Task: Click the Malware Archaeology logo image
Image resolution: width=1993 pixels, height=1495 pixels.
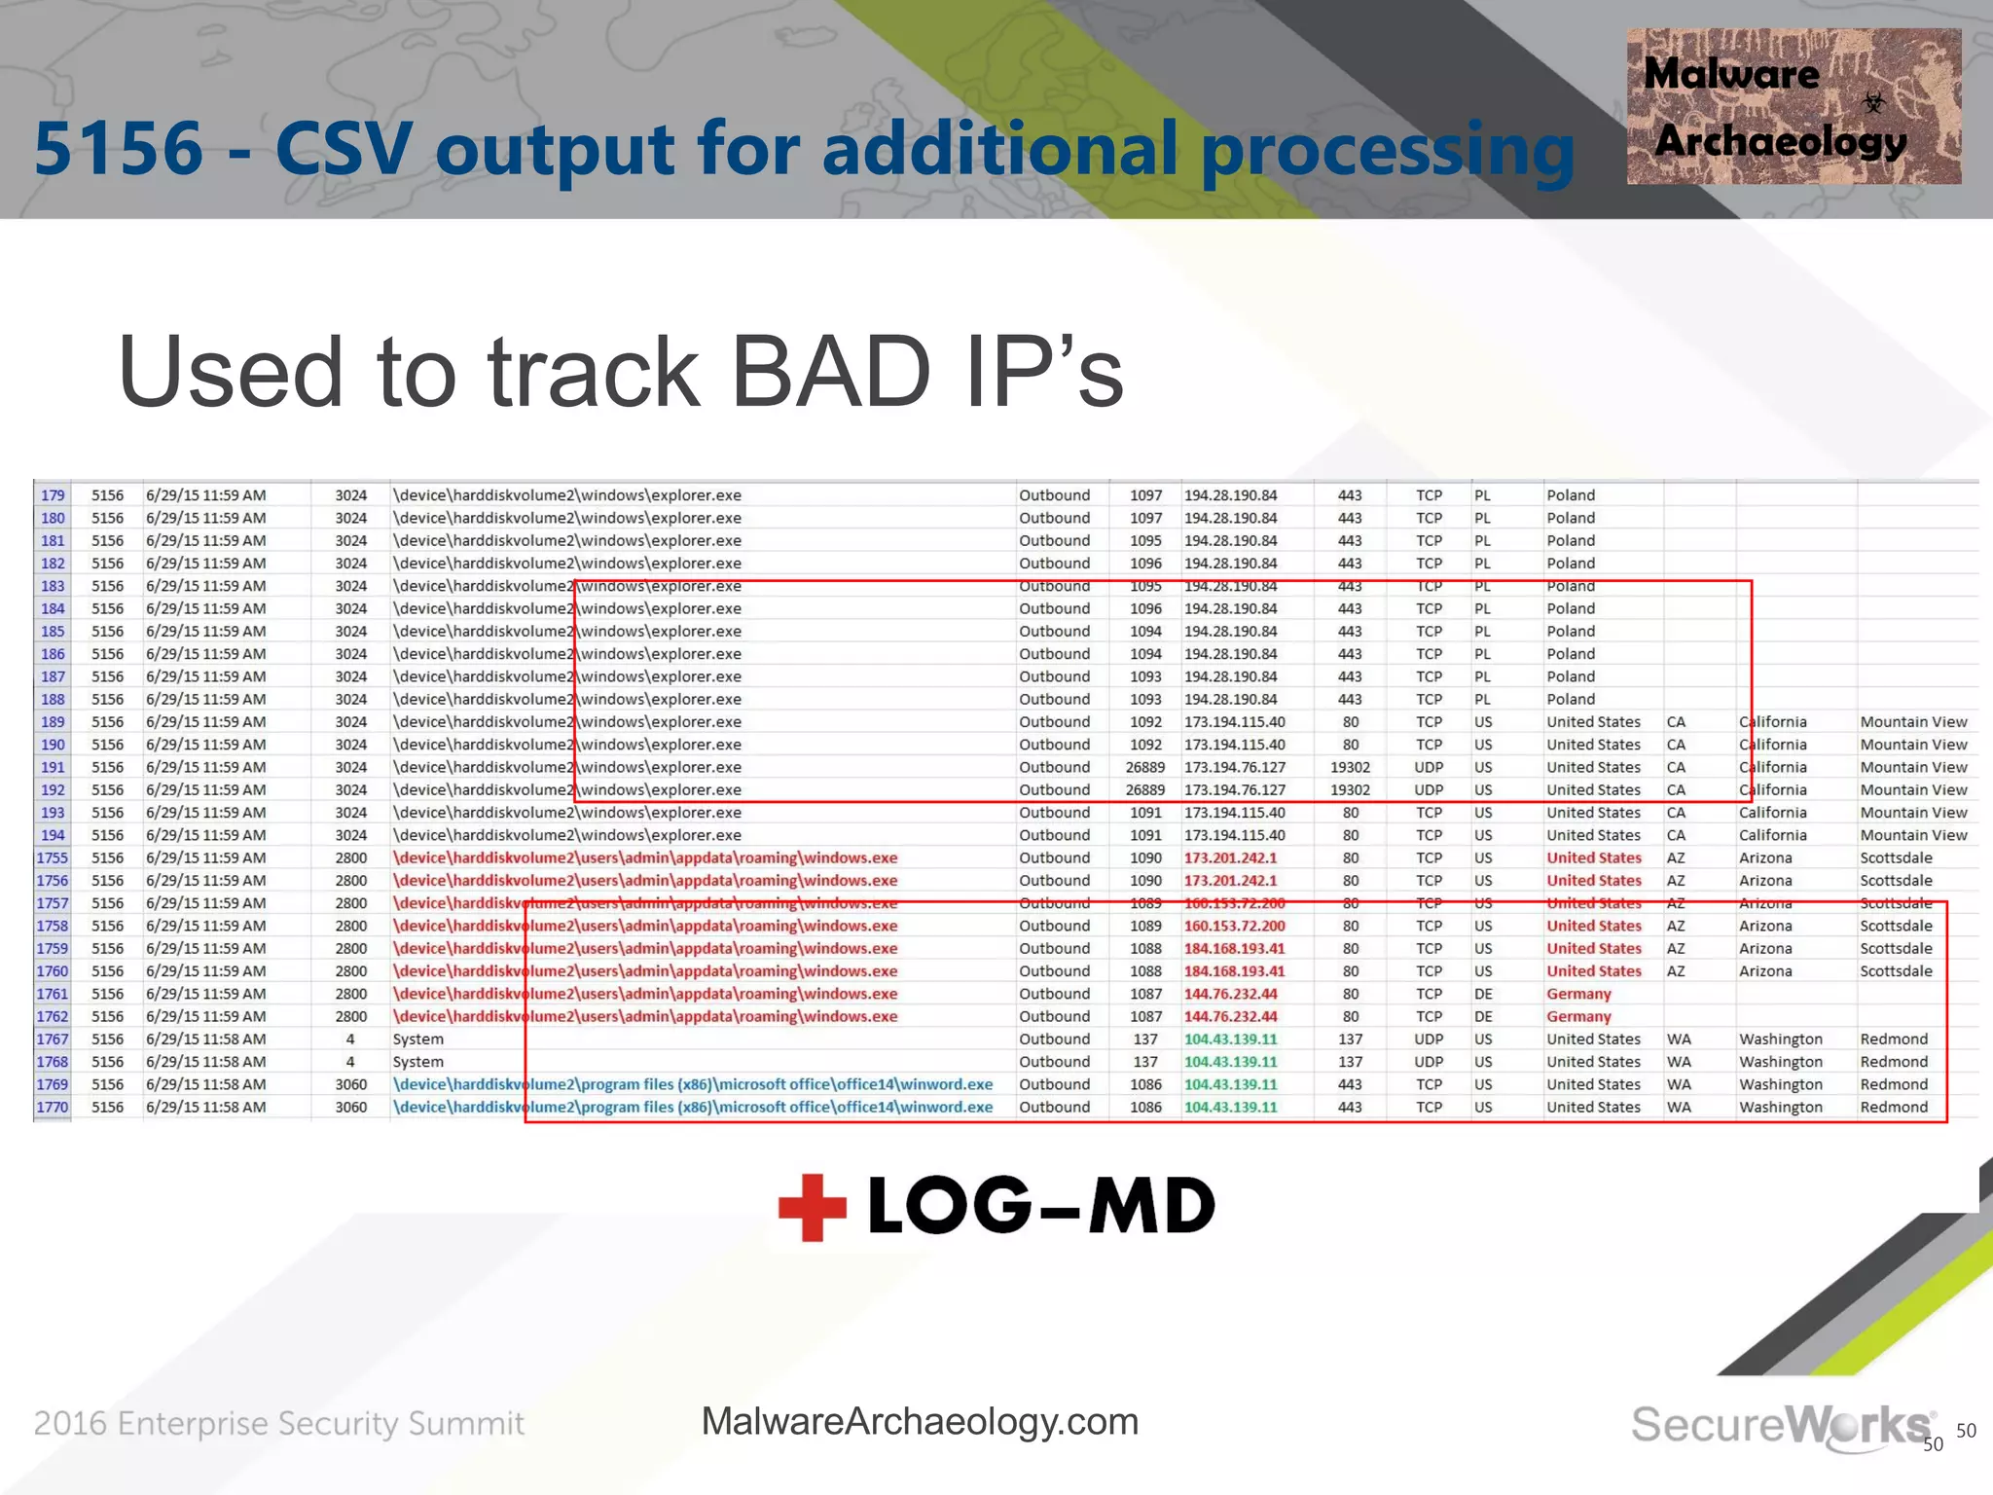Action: pos(1793,107)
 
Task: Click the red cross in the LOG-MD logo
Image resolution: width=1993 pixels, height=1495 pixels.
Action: pos(812,1207)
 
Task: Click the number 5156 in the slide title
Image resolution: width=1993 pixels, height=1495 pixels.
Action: pos(119,149)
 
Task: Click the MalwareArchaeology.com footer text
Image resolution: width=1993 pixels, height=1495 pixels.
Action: pos(920,1422)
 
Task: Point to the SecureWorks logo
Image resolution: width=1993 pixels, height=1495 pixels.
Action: pos(1781,1426)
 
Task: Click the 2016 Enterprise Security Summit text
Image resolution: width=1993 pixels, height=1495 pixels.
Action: pos(278,1424)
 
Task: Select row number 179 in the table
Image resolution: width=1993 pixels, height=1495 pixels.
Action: pos(53,495)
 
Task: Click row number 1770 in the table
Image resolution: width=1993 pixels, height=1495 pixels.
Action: pos(53,1108)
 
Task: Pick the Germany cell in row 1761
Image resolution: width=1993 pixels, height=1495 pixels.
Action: pos(1578,994)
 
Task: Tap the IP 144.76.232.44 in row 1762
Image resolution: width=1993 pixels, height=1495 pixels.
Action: pos(1230,1017)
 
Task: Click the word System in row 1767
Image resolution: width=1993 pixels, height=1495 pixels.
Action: pos(417,1039)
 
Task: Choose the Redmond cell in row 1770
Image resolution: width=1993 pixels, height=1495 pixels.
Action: pos(1893,1108)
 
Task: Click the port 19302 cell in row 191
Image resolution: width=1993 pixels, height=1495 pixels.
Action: pos(1350,768)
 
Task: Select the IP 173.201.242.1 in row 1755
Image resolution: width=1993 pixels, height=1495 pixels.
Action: pos(1230,858)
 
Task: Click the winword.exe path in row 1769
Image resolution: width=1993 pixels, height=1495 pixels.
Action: pos(692,1085)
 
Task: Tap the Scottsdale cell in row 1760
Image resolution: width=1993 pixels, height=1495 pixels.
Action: pos(1895,971)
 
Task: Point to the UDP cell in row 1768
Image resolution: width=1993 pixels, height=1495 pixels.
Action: pos(1429,1062)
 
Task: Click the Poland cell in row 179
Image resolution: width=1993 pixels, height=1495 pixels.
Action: pos(1571,495)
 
